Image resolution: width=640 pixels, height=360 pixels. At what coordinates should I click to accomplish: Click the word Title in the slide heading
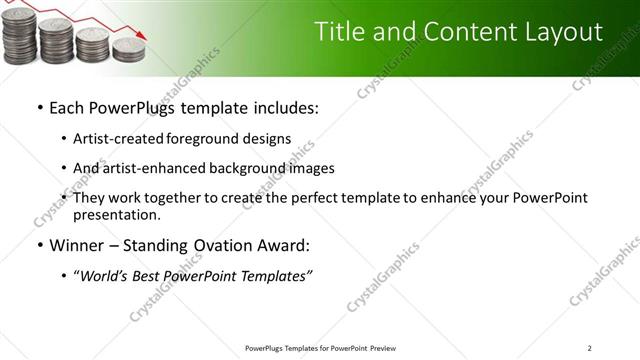(x=339, y=32)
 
